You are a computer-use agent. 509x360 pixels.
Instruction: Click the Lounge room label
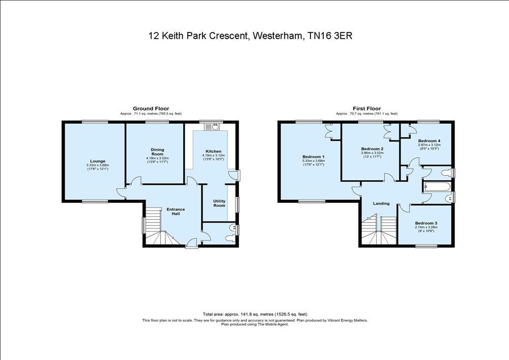coord(98,161)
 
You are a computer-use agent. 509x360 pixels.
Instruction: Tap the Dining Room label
coord(157,152)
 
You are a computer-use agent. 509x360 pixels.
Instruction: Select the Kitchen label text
coord(213,151)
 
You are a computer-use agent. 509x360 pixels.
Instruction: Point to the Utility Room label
coord(219,203)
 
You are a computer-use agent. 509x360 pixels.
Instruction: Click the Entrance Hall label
coord(176,211)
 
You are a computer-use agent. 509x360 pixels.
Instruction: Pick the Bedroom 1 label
coord(313,156)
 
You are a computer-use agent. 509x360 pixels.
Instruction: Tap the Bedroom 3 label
coord(426,223)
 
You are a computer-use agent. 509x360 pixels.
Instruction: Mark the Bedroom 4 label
coord(429,141)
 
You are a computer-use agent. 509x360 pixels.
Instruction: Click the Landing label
coord(381,204)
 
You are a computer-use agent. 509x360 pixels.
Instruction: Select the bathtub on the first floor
coord(437,187)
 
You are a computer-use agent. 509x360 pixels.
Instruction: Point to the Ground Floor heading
coord(151,109)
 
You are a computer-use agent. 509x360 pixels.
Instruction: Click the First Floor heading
coord(367,109)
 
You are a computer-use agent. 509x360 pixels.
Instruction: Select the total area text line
coord(255,314)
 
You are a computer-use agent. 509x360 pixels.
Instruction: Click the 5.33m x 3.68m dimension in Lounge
coord(98,165)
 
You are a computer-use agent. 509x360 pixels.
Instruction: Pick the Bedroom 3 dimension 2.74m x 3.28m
coord(426,227)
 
